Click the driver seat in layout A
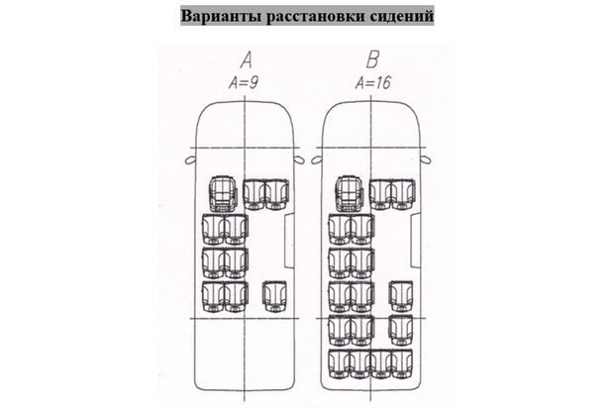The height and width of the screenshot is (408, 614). [x=223, y=194]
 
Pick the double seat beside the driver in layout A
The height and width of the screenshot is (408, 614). [x=262, y=194]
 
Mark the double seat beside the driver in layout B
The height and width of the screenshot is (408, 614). [x=389, y=194]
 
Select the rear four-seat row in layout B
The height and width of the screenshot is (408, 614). [x=369, y=361]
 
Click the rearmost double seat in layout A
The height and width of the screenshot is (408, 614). [x=224, y=297]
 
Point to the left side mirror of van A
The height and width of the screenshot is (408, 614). [x=190, y=155]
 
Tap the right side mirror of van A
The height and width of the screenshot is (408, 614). [x=298, y=155]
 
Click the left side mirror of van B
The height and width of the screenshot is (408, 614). [x=317, y=155]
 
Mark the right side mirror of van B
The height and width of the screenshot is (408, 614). [x=425, y=155]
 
